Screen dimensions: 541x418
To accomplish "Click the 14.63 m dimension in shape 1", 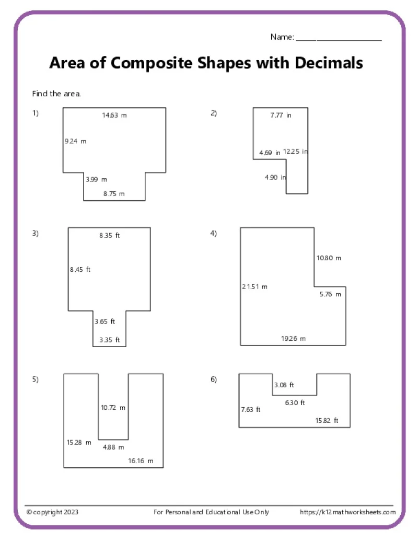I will pyautogui.click(x=114, y=116).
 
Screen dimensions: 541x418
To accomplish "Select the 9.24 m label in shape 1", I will pyautogui.click(x=75, y=141).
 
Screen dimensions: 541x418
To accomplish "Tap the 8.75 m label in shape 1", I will pyautogui.click(x=114, y=194).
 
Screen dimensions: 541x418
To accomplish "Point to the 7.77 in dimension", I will pyautogui.click(x=281, y=116).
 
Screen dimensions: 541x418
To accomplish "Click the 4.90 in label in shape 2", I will pyautogui.click(x=275, y=178).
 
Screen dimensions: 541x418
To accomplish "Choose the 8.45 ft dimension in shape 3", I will pyautogui.click(x=80, y=270).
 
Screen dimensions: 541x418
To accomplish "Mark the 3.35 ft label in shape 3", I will pyautogui.click(x=110, y=340).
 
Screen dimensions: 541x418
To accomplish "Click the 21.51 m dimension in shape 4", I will pyautogui.click(x=254, y=286).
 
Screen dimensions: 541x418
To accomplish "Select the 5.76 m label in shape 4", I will pyautogui.click(x=330, y=294).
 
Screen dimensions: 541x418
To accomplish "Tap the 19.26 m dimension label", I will pyautogui.click(x=293, y=339).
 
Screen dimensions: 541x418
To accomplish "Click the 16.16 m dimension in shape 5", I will pyautogui.click(x=141, y=461).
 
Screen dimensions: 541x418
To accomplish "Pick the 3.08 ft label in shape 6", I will pyautogui.click(x=284, y=385).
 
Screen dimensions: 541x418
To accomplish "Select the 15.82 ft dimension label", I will pyautogui.click(x=327, y=421).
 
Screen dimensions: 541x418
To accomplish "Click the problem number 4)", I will pyautogui.click(x=213, y=234).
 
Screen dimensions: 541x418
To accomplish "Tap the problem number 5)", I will pyautogui.click(x=35, y=379).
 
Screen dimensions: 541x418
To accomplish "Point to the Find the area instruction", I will pyautogui.click(x=56, y=94).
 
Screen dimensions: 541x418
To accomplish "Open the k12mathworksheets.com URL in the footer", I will pyautogui.click(x=347, y=512).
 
